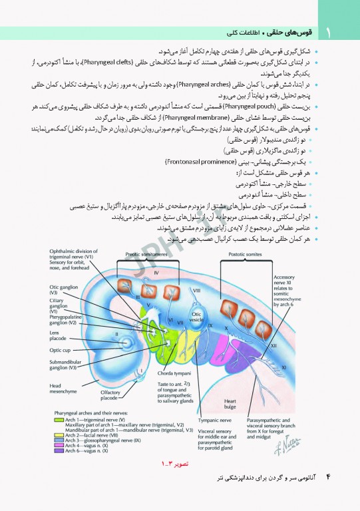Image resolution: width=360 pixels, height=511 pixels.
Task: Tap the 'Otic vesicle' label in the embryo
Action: (196, 315)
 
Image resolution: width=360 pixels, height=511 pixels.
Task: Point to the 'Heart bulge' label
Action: (230, 404)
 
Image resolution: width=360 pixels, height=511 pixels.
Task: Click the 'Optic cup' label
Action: (60, 349)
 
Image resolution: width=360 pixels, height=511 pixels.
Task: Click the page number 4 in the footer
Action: (327, 478)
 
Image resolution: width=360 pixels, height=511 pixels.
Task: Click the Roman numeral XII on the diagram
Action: (273, 345)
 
